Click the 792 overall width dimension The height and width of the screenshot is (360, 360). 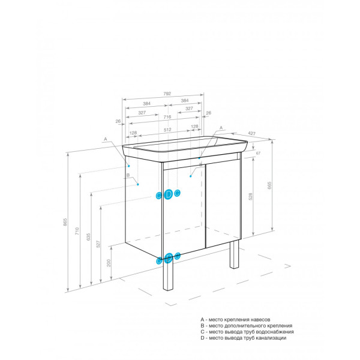[x=167, y=94]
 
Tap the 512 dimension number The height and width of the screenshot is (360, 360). [x=167, y=130]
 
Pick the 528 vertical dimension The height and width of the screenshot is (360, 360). [x=250, y=196]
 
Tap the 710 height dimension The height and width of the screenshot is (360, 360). [x=77, y=231]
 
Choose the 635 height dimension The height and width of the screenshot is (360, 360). [x=88, y=236]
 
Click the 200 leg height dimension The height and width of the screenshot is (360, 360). [x=109, y=263]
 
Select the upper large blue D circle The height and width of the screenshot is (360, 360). [x=169, y=194]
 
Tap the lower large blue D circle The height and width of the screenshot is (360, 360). [x=169, y=257]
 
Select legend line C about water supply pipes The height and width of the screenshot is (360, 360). [x=247, y=332]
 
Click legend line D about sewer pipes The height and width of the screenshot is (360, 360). [x=243, y=338]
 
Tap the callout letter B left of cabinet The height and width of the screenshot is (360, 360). [x=128, y=176]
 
